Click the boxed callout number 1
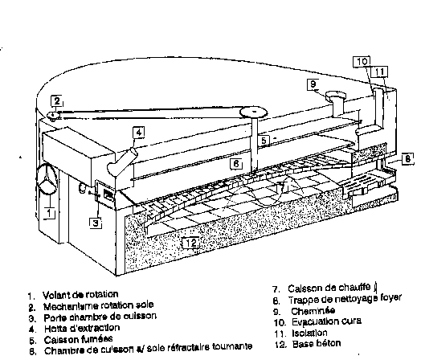coord(50,214)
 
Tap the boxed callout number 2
coord(56,101)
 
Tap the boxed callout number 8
coord(408,159)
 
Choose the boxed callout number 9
coord(313,84)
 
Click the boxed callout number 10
coord(362,61)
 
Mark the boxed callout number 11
coord(380,72)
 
